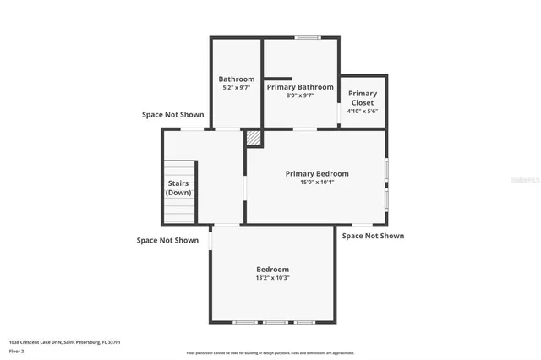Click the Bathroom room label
237,79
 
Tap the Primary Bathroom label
300,86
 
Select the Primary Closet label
363,98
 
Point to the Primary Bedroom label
316,173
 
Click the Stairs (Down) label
178,188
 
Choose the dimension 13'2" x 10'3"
272,278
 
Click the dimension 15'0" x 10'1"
316,182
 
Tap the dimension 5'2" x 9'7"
237,88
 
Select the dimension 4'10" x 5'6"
363,111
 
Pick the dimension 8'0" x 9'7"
300,95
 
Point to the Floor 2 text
17,350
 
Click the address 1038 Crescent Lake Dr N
64,342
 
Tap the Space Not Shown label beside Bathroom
172,115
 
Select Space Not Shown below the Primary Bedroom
373,236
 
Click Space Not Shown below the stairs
167,240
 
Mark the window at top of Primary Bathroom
307,37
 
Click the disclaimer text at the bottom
270,353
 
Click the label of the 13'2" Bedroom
272,270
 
